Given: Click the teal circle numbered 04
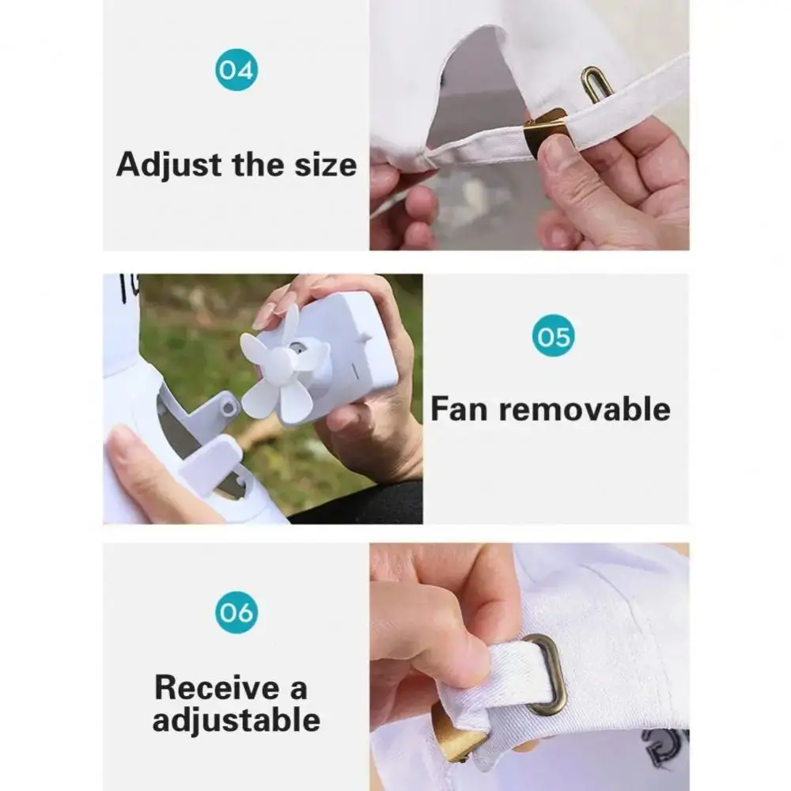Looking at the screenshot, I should (236, 70).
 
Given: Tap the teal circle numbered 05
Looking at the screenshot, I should (553, 335).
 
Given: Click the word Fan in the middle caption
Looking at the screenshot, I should (460, 410).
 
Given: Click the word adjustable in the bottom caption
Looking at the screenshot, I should (236, 721).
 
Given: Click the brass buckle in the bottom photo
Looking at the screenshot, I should (456, 732).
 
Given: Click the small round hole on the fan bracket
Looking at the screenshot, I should (229, 407).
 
